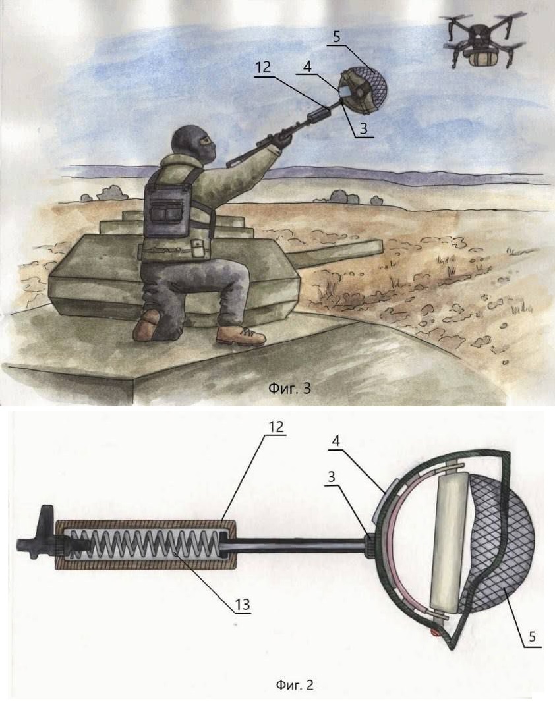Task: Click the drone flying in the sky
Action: pyautogui.click(x=482, y=40)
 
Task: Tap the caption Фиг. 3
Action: pyautogui.click(x=289, y=388)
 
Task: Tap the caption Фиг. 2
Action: pyautogui.click(x=295, y=684)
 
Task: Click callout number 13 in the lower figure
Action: pyautogui.click(x=243, y=604)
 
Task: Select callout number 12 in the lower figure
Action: pyautogui.click(x=276, y=426)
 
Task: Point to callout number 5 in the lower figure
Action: pyautogui.click(x=532, y=636)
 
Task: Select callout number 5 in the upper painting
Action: pyautogui.click(x=336, y=36)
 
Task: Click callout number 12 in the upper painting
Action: pyautogui.click(x=263, y=67)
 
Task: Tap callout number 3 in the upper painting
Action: pyautogui.click(x=363, y=129)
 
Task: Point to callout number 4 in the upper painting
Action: pyautogui.click(x=307, y=67)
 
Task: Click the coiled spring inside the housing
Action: pyautogui.click(x=147, y=545)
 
